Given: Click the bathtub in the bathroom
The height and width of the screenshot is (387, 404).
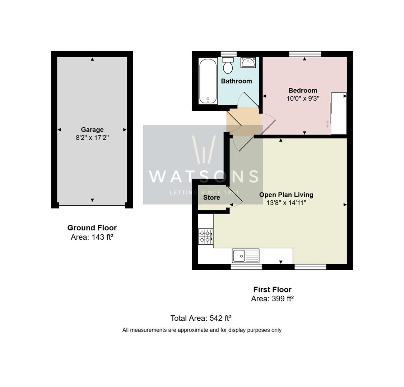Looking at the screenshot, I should (x=208, y=81).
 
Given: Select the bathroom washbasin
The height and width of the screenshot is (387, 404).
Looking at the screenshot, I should (x=248, y=62).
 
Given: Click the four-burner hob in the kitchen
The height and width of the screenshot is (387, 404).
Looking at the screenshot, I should (x=205, y=236).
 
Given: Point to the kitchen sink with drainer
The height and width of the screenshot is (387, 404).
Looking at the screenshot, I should (x=246, y=256).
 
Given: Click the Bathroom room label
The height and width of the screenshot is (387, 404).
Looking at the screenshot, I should (x=236, y=81).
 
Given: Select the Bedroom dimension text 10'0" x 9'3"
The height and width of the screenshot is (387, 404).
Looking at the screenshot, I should (x=303, y=98).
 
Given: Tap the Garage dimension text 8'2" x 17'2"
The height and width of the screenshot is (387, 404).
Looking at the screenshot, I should (x=92, y=137).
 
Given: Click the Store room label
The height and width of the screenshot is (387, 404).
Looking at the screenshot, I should (x=212, y=197).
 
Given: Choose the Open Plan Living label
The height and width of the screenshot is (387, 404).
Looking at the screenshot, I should (x=286, y=195).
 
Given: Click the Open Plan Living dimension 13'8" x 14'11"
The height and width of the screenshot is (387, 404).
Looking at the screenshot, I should (x=286, y=203).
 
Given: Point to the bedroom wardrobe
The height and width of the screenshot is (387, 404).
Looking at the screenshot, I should (x=339, y=113).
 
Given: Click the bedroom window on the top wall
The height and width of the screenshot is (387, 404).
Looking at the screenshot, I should (x=305, y=54).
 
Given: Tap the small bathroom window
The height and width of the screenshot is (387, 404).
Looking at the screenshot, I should (x=228, y=54).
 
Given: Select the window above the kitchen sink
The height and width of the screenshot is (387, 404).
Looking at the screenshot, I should (x=246, y=267).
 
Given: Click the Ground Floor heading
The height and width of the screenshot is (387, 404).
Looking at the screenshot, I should (x=92, y=228).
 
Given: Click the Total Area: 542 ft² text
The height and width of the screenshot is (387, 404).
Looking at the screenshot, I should (x=201, y=318).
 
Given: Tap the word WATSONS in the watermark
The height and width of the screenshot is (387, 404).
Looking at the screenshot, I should (x=203, y=176).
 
